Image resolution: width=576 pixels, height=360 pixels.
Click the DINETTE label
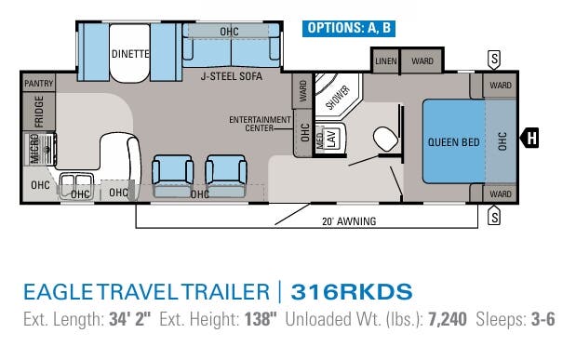point(130,53)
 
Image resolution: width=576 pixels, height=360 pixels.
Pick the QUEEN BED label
point(453,142)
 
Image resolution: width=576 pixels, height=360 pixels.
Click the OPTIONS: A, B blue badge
point(350,28)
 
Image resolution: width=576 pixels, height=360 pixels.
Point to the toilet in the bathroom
point(382,140)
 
